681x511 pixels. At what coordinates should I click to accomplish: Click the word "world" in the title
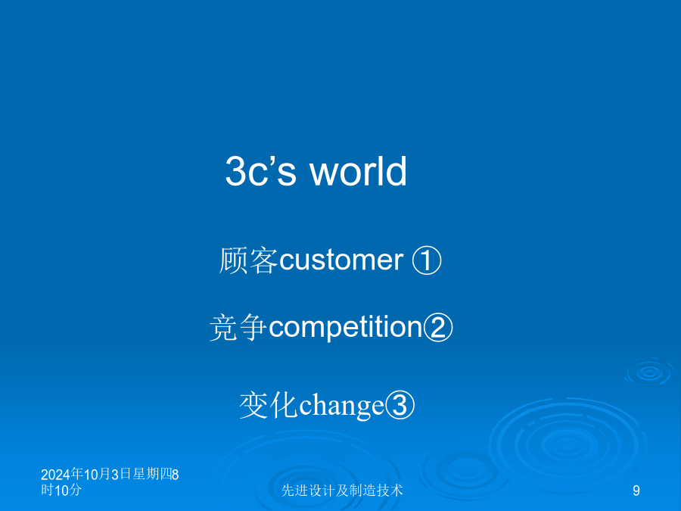(x=359, y=171)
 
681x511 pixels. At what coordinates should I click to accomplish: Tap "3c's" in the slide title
(x=261, y=171)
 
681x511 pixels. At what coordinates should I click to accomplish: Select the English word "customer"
(x=341, y=260)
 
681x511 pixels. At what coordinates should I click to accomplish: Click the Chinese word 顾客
(x=249, y=260)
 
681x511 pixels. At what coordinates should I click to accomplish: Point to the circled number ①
(x=427, y=260)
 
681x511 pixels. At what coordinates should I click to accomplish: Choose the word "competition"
(x=346, y=327)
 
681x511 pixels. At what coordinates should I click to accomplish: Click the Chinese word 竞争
(x=238, y=327)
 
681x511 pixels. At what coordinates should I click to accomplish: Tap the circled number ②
(x=438, y=327)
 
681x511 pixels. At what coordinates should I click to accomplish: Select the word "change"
(x=342, y=406)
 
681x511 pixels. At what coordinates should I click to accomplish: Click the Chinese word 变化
(x=269, y=405)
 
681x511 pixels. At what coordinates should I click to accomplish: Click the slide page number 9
(x=636, y=491)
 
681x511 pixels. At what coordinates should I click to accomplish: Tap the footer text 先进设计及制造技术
(x=342, y=490)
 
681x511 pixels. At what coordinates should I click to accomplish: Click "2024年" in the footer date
(x=62, y=474)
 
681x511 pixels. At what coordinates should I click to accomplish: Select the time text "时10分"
(x=61, y=490)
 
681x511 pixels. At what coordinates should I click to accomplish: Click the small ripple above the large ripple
(x=649, y=372)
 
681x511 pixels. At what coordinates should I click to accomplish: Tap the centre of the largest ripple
(x=567, y=444)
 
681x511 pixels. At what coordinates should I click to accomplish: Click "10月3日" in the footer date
(x=107, y=474)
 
